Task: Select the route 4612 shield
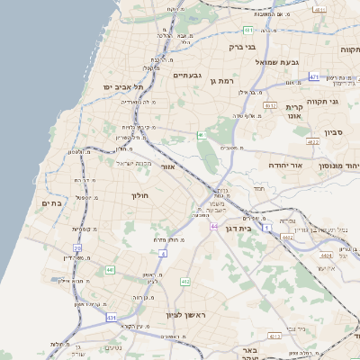[270, 105]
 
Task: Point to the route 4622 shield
[313, 142]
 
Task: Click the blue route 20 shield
[78, 247]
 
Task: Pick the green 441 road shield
[110, 269]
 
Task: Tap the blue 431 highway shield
[112, 318]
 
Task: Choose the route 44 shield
[215, 226]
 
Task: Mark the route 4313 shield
[274, 336]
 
